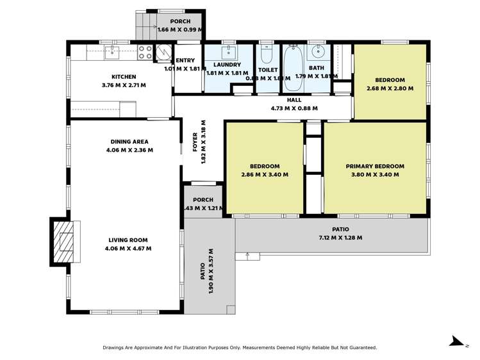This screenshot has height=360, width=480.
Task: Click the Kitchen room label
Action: [x=124, y=77]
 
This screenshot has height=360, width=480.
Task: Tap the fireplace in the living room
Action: [x=63, y=242]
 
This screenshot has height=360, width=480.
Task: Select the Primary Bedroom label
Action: [x=375, y=167]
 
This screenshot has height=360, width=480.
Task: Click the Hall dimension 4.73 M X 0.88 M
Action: [x=294, y=108]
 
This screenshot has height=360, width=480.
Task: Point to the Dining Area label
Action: [x=129, y=142]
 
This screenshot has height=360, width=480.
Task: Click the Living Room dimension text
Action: [x=129, y=249]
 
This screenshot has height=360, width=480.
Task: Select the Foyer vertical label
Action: [x=196, y=144]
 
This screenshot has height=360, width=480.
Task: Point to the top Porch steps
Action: [x=142, y=26]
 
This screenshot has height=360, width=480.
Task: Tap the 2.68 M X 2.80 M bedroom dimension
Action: [x=390, y=88]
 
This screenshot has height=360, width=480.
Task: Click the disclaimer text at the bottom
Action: [x=240, y=348]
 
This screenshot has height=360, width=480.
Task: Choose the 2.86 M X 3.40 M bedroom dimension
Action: [x=265, y=174]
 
